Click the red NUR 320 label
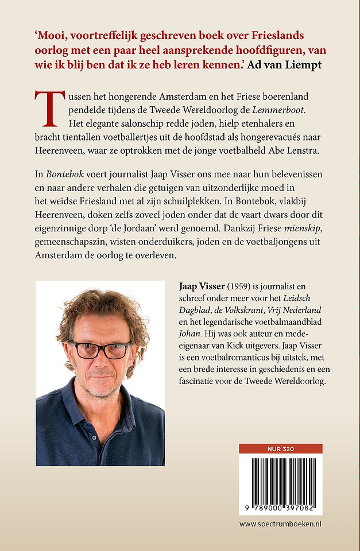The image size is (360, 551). [281, 449]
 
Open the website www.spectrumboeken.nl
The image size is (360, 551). [281, 525]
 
